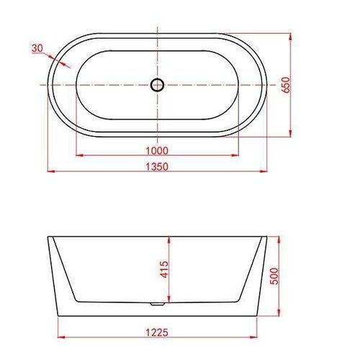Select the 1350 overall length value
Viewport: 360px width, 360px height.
(x=157, y=166)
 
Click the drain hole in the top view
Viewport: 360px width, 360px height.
(x=157, y=85)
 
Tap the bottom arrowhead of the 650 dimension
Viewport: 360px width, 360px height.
(x=291, y=135)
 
